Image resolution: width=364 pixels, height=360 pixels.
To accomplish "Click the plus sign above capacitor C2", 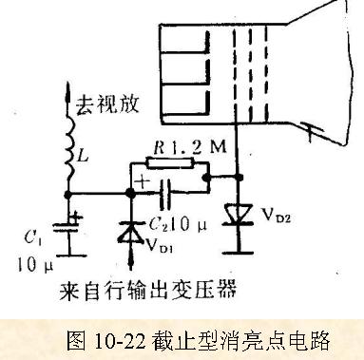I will click(x=142, y=181).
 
